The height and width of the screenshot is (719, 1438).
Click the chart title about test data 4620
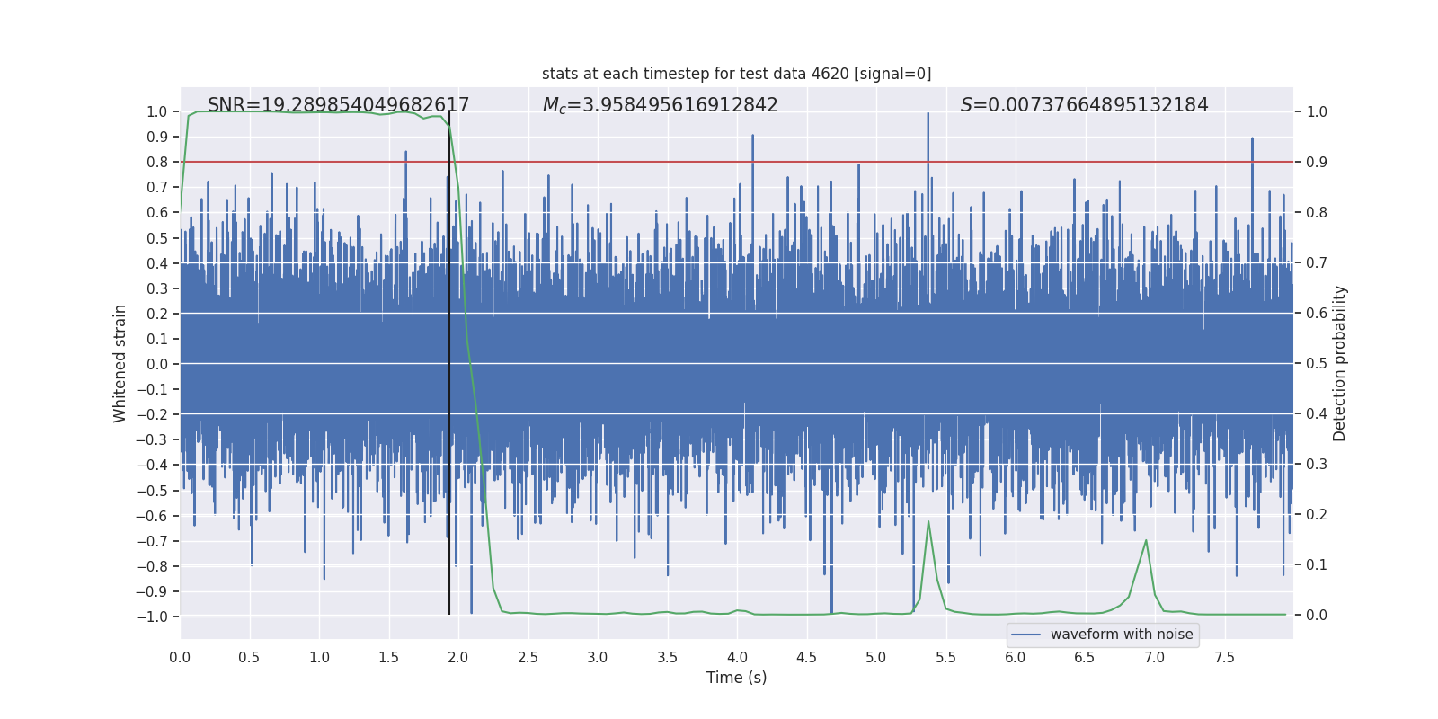(736, 74)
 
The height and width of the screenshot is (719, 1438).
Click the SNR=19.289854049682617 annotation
(338, 105)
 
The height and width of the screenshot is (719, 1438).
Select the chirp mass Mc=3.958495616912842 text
(660, 105)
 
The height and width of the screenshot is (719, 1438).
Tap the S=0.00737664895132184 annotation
(1084, 105)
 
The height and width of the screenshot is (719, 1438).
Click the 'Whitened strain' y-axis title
(120, 363)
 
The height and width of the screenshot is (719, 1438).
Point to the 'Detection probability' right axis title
(1340, 363)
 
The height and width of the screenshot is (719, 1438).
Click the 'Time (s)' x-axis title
(736, 678)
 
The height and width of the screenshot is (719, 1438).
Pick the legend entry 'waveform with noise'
(1121, 635)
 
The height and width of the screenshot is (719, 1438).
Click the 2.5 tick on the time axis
(528, 657)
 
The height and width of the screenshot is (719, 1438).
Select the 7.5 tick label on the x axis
(1224, 657)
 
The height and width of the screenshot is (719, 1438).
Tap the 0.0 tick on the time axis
(180, 657)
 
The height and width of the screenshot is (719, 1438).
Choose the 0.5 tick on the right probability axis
(1317, 363)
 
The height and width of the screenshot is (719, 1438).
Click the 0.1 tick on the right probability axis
(1317, 564)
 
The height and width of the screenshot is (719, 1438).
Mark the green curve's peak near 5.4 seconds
(928, 521)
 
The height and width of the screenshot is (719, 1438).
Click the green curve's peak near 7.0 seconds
(1146, 540)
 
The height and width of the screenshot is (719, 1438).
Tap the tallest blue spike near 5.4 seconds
(928, 114)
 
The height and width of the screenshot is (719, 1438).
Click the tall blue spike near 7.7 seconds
(1252, 140)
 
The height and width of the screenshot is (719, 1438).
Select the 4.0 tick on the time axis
(737, 657)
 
